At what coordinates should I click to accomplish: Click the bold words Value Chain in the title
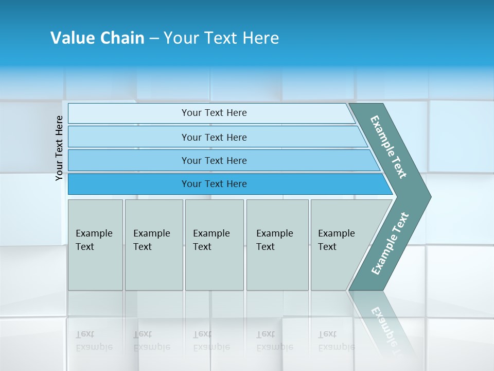[97, 38]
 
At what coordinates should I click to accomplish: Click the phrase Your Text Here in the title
[221, 38]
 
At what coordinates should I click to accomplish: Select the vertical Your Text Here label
[59, 148]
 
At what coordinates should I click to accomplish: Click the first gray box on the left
[95, 268]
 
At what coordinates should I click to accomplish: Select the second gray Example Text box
[154, 268]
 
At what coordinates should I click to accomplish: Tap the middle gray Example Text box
[214, 268]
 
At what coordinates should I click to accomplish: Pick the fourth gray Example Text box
[277, 268]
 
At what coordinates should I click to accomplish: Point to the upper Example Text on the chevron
[389, 147]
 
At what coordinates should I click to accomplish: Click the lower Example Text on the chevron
[390, 243]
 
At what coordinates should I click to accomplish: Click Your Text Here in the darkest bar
[214, 184]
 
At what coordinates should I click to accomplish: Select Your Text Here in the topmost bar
[214, 113]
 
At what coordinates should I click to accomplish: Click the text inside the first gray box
[94, 240]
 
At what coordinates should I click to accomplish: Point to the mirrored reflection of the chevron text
[383, 322]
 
